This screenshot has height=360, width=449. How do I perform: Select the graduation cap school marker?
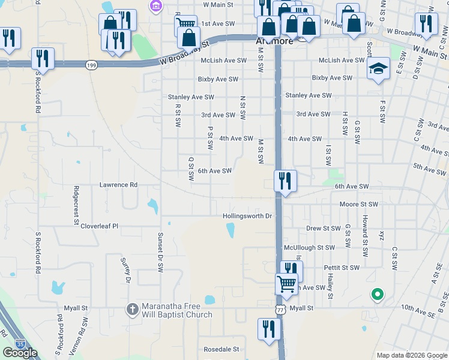[x=378, y=69]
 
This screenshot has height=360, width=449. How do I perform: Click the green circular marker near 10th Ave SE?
[x=378, y=295]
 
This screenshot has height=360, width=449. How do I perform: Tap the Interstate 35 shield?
[x=21, y=344]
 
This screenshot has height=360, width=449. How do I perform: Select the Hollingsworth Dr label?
[x=247, y=215]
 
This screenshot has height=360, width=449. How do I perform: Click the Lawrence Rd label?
[x=118, y=185]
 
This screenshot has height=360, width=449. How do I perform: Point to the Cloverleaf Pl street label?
[x=100, y=226]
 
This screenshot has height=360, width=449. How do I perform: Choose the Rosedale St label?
[x=221, y=349]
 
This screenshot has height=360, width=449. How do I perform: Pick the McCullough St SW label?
[x=309, y=247]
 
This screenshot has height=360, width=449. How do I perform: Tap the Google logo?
[x=20, y=353]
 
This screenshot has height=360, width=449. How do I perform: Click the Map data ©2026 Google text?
[x=411, y=355]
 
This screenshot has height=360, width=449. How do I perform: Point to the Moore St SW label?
[x=358, y=205]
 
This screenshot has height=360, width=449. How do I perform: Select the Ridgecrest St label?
[x=76, y=197]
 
